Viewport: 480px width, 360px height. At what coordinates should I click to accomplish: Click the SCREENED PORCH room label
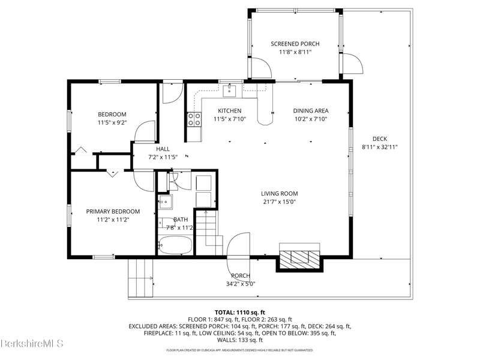[295, 44]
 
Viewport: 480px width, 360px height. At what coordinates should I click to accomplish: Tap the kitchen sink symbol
[229, 91]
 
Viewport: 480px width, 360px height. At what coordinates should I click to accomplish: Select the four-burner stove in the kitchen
[194, 119]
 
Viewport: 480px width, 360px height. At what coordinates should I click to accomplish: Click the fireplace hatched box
[299, 257]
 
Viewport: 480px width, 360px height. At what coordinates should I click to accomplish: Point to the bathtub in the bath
[175, 245]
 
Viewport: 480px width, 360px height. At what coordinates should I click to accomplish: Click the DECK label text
[380, 139]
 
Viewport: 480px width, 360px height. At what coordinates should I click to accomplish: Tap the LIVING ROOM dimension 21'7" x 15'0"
[279, 202]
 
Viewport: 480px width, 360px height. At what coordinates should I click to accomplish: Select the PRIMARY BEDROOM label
[113, 211]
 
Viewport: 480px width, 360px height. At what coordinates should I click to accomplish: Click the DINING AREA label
[311, 111]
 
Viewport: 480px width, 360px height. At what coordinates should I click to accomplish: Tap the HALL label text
[163, 149]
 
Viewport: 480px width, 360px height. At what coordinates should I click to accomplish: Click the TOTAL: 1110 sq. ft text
[239, 313]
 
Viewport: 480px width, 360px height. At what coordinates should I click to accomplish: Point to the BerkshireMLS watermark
[32, 343]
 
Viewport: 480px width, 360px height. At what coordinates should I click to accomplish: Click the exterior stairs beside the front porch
[140, 278]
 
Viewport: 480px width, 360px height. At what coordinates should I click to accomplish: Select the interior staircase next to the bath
[209, 232]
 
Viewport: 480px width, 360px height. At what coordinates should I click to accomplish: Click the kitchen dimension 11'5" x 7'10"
[230, 119]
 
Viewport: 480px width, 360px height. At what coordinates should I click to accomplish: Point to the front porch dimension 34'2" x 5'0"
[241, 284]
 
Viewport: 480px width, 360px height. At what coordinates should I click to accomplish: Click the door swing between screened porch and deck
[352, 64]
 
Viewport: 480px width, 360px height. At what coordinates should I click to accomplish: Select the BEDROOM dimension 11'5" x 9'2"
[112, 123]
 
